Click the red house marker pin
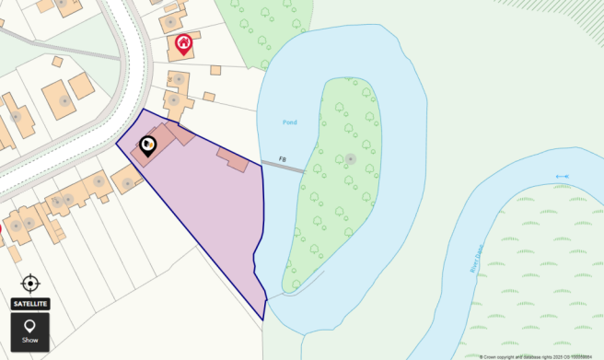[x=183, y=42]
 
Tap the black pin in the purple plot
[x=148, y=145]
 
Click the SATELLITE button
[x=29, y=304]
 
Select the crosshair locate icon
[x=29, y=283]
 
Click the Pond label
[x=290, y=122]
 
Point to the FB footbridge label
[x=283, y=159]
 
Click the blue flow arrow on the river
[x=562, y=176]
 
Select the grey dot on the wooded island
[x=350, y=159]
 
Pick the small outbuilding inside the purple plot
[x=233, y=159]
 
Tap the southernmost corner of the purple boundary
[x=263, y=319]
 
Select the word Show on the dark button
[x=29, y=340]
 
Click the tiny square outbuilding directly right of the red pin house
[x=215, y=70]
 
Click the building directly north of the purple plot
[x=175, y=101]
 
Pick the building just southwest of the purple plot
[x=127, y=179]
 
